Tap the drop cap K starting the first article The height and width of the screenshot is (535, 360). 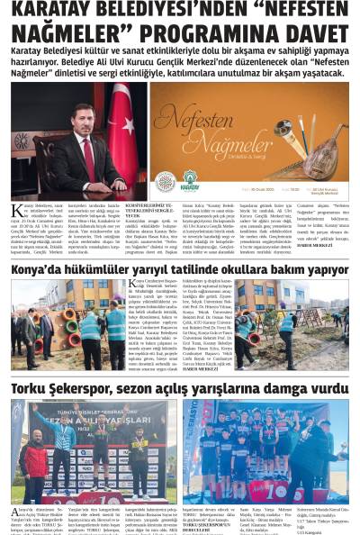16,213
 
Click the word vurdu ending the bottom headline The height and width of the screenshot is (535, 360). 326,388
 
